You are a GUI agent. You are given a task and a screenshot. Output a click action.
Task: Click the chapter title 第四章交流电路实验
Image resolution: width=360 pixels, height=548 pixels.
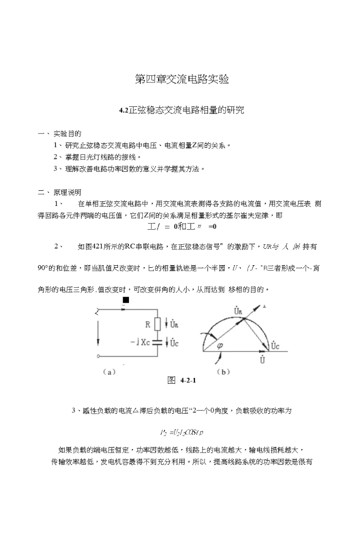[x=182, y=79]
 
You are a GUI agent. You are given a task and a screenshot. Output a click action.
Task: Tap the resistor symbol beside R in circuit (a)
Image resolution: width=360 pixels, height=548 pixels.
[x=157, y=324]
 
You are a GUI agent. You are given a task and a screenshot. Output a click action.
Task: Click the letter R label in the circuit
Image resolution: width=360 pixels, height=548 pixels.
[x=148, y=324]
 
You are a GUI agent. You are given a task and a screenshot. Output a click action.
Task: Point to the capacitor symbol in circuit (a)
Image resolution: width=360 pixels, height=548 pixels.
[x=157, y=342]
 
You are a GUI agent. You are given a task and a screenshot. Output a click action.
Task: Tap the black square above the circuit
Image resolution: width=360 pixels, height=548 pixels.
[x=125, y=299]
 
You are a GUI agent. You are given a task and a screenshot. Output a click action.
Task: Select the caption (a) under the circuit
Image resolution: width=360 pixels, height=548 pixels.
[x=109, y=372]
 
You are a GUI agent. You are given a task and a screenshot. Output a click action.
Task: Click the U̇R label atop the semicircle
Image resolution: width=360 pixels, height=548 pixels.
[x=238, y=312]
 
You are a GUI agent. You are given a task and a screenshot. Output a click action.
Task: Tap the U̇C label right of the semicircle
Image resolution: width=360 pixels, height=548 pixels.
[x=275, y=345]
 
